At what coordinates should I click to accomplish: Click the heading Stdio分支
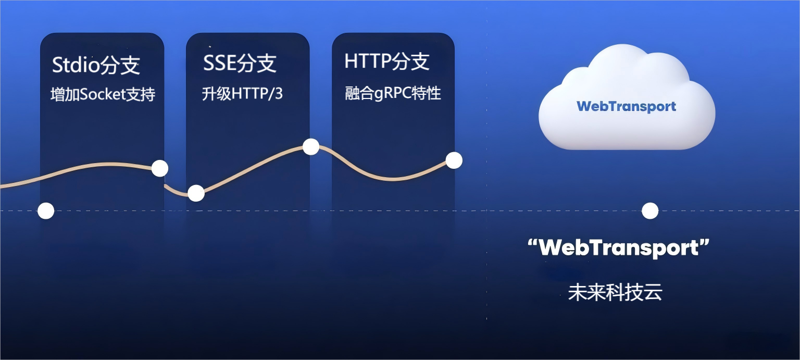(96, 65)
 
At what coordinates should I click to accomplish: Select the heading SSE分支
(240, 63)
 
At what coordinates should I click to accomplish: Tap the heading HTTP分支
(387, 61)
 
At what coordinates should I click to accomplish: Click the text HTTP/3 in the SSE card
(257, 94)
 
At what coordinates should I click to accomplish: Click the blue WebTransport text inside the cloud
(627, 106)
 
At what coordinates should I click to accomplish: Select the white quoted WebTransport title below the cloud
(619, 247)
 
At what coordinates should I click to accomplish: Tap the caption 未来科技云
(615, 292)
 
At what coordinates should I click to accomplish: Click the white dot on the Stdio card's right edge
(160, 168)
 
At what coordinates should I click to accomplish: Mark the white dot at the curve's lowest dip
(196, 193)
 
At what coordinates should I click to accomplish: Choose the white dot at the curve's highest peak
(311, 146)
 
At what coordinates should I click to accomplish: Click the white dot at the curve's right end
(454, 160)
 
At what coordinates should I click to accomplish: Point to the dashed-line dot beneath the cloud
(650, 211)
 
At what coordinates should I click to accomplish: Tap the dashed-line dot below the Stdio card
(46, 210)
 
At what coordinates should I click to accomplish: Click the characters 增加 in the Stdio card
(65, 95)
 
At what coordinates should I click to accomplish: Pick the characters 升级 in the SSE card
(217, 94)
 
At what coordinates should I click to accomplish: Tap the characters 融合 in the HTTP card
(359, 94)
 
